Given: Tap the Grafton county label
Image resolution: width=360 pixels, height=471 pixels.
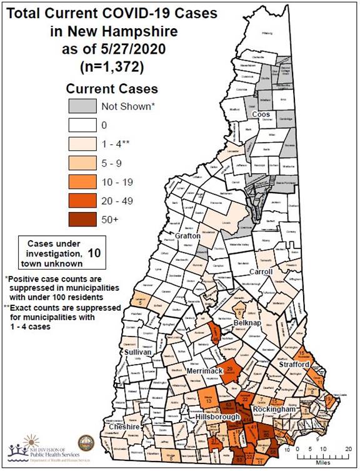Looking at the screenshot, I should point(187,236).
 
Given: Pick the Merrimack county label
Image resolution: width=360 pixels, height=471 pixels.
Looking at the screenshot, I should point(202,372).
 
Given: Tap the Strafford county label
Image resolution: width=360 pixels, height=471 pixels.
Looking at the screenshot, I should point(294,364).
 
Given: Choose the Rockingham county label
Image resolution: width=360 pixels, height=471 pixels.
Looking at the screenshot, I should point(272,409).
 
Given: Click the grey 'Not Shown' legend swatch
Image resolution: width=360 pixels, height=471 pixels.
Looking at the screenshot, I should point(87,106).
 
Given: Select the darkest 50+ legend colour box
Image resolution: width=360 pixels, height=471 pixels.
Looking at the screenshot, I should point(87,220).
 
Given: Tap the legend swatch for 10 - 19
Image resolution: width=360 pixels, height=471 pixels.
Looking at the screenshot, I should point(87,182).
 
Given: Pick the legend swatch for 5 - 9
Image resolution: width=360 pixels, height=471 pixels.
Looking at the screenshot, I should point(87,163).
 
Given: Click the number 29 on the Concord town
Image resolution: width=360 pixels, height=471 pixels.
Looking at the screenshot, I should point(229,370).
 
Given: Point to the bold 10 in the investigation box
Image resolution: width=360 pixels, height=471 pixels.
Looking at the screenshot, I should point(94,253).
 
